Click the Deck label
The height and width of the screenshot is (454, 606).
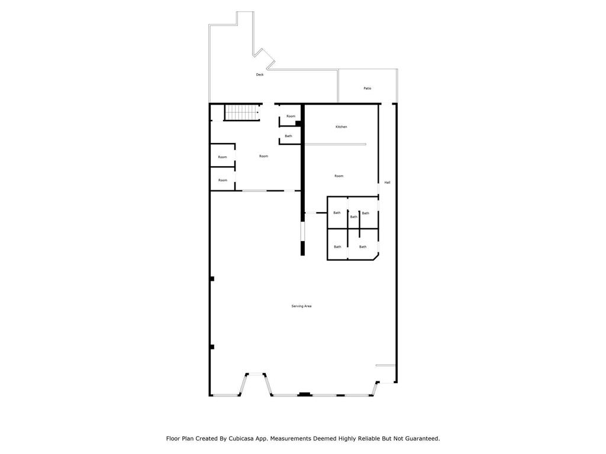pos(259,74)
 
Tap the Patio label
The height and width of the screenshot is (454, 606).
pos(367,88)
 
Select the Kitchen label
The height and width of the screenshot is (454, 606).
pos(341,127)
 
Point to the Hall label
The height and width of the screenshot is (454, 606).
pos(387,182)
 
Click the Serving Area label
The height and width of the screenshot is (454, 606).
pos(301,306)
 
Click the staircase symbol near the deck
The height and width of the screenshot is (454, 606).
pos(241,112)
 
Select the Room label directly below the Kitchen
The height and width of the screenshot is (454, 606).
pos(339,176)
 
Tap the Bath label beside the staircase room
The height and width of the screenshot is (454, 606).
pos(288,136)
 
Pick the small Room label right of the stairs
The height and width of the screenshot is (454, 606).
pos(291,116)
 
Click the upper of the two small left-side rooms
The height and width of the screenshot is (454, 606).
pos(222,157)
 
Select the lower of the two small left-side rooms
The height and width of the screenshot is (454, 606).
pos(222,180)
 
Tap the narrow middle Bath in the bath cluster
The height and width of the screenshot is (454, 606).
pos(353,216)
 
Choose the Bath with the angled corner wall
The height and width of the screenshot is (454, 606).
pos(362,247)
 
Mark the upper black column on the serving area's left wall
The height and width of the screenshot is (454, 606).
pos(212,278)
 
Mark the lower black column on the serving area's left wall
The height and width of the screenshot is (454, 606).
pos(212,346)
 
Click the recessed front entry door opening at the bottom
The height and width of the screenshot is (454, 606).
pos(255,374)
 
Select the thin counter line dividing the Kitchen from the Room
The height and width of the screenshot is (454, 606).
pos(335,144)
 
